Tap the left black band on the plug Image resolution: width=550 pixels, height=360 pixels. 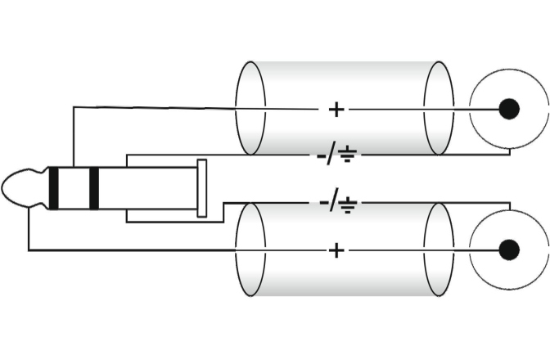coord(54,188)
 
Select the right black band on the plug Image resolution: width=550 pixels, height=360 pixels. coord(93,188)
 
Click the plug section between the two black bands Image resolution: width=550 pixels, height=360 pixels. coord(74,188)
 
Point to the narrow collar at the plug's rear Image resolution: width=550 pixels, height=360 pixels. coord(201,188)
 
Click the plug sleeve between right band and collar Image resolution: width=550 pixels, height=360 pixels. coord(147,188)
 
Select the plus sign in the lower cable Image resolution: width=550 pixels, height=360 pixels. coord(336,250)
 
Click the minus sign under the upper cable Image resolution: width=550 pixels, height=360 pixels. coord(321,155)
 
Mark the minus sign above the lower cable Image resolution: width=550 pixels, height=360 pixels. coord(321,203)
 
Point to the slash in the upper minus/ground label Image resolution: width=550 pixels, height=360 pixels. coord(334,154)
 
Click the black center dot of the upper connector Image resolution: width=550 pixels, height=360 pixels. coord(509,108)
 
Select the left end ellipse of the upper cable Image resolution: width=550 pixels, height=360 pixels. coord(250,108)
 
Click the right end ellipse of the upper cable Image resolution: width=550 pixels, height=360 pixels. coord(439,108)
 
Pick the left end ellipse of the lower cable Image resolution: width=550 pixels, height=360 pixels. coord(250,250)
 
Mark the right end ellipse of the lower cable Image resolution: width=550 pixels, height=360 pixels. coord(439,250)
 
